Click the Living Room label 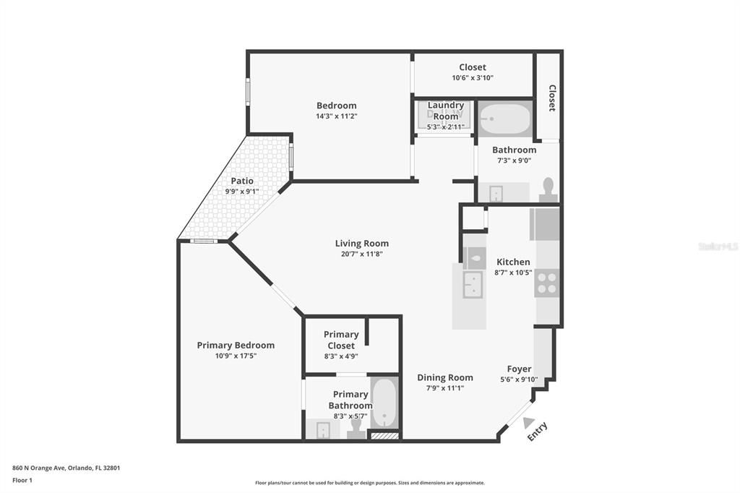coord(361,244)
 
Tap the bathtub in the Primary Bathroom coord(384,403)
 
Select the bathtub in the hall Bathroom coord(505,119)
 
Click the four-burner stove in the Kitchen coord(547,283)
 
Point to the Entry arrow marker coord(528,423)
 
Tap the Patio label coord(242,181)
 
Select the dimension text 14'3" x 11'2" coord(337,116)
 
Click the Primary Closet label coord(341,340)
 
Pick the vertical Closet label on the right coord(552,98)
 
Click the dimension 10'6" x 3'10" coord(473,77)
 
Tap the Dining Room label coord(445,377)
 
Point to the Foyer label coord(519,369)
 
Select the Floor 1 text coord(22,480)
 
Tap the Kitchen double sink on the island coord(473,285)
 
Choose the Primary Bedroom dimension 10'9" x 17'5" coord(236,356)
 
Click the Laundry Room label coord(445,111)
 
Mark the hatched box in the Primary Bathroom coord(384,435)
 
